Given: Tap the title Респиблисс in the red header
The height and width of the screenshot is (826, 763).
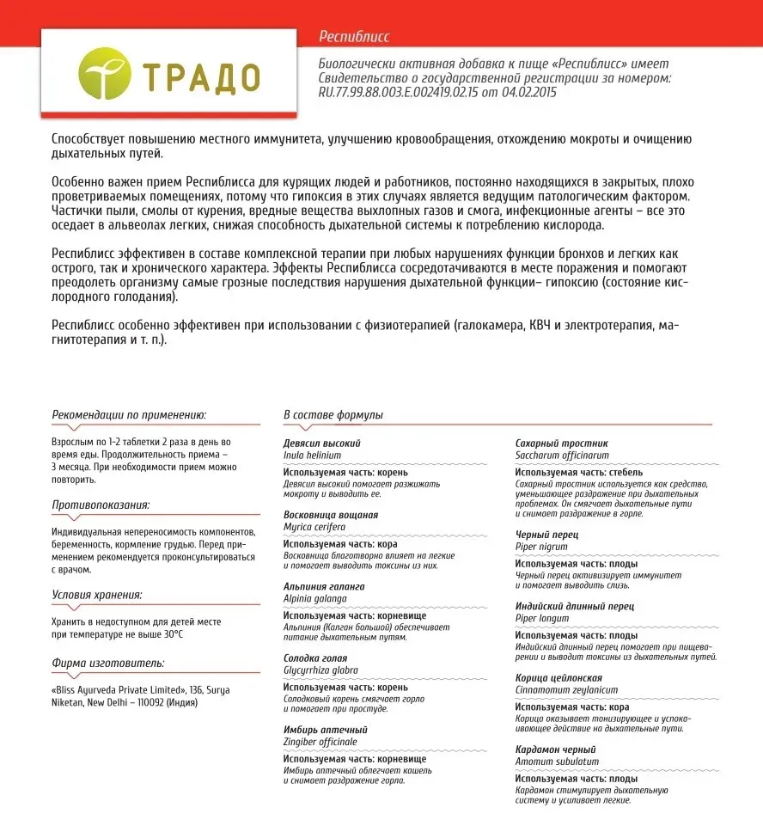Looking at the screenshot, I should pos(354,37).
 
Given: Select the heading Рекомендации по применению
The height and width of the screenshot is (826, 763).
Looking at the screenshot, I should pos(129,413).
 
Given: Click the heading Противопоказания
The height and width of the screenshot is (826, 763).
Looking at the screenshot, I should pos(101,505).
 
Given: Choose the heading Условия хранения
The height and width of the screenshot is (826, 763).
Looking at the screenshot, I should pos(97,594).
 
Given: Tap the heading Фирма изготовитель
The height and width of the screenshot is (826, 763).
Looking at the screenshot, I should pos(107,663).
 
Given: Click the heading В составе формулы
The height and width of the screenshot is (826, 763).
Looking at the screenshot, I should pos(333,415).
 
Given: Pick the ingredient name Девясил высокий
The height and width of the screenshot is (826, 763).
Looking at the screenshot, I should pos(322,443).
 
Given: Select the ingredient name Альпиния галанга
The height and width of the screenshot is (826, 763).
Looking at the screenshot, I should pos(324,586).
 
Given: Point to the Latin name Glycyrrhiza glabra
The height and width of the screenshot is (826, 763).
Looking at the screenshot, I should pos(320,670).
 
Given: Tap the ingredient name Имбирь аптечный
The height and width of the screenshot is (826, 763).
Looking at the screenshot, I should pos(320,730).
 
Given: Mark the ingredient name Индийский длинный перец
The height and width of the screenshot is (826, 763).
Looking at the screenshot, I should pos(575,606).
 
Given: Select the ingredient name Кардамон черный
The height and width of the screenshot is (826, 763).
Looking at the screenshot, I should pos(555,750).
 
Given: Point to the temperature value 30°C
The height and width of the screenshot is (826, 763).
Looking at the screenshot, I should pos(173,633).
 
